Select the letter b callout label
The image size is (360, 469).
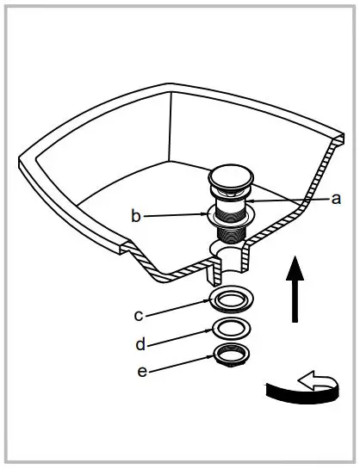(136, 216)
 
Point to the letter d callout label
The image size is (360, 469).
(140, 344)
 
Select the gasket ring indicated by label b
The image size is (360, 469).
(229, 216)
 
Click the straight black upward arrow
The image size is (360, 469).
(295, 293)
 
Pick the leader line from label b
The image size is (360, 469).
(177, 216)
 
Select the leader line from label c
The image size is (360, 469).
(177, 307)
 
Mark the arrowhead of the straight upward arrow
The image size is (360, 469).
(295, 268)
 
